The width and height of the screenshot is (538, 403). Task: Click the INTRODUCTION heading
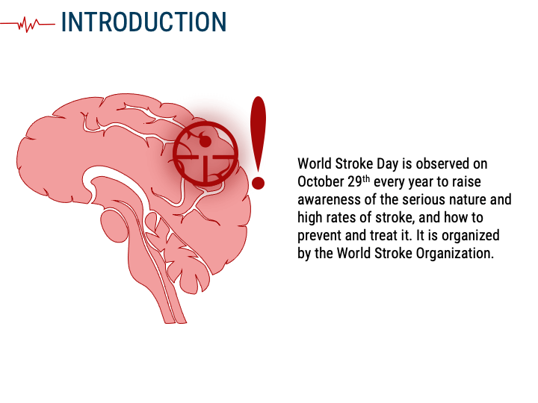(x=143, y=22)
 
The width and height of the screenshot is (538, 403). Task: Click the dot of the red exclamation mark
(x=258, y=182)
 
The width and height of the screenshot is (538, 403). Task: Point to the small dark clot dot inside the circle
(x=205, y=141)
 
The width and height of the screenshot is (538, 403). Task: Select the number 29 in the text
(x=355, y=182)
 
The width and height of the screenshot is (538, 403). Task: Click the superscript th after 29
(x=366, y=179)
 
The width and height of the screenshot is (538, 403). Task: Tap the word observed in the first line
(x=442, y=163)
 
